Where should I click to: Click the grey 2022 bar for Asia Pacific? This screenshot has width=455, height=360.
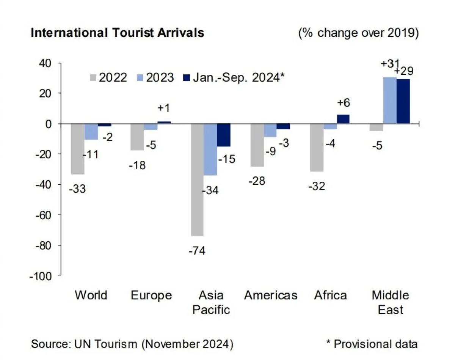pyautogui.click(x=197, y=179)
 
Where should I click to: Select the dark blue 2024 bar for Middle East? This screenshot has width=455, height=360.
pyautogui.click(x=403, y=101)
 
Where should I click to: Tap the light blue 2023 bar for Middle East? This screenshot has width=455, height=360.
pyautogui.click(x=390, y=101)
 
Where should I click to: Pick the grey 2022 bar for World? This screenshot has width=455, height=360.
pyautogui.click(x=78, y=149)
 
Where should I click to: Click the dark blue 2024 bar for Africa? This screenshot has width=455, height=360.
pyautogui.click(x=343, y=119)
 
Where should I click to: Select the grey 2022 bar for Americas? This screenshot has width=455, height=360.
pyautogui.click(x=257, y=145)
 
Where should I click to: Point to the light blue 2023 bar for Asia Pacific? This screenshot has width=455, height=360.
pyautogui.click(x=210, y=149)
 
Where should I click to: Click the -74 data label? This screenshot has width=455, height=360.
pyautogui.click(x=197, y=251)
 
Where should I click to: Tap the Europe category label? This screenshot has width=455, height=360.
pyautogui.click(x=151, y=295)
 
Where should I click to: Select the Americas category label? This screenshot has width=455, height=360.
pyautogui.click(x=271, y=295)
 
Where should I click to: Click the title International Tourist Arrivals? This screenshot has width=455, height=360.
pyautogui.click(x=117, y=33)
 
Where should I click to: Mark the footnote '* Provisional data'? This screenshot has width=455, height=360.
pyautogui.click(x=372, y=344)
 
